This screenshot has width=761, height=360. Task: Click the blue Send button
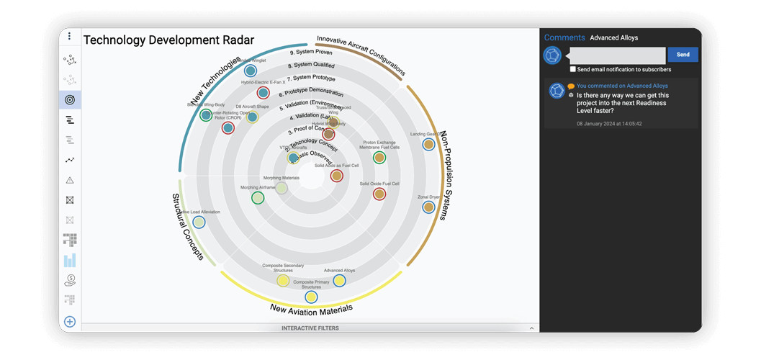click(x=683, y=55)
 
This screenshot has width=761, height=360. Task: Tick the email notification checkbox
click(x=573, y=70)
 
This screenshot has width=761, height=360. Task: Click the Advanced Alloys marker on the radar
click(x=338, y=281)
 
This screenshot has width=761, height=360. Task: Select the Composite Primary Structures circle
click(x=311, y=297)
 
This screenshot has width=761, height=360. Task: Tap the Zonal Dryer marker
click(x=428, y=207)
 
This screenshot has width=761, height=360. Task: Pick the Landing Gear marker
click(x=428, y=145)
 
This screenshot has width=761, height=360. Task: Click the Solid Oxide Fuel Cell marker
click(x=379, y=194)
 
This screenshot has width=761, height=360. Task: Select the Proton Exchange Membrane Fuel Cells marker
click(x=379, y=157)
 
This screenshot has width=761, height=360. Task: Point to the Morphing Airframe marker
click(x=257, y=197)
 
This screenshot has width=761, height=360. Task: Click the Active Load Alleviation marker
click(x=199, y=222)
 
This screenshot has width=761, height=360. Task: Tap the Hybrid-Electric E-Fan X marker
click(x=264, y=93)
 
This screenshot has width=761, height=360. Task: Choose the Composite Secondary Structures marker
click(x=283, y=280)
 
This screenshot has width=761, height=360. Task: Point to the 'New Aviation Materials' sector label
click(x=311, y=310)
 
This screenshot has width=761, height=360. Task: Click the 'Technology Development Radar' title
click(x=168, y=40)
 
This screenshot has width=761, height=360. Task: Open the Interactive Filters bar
click(x=310, y=328)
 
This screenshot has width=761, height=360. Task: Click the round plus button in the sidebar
click(x=70, y=322)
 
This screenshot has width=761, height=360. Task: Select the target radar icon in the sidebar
click(x=70, y=99)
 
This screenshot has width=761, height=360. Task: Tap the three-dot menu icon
click(x=70, y=36)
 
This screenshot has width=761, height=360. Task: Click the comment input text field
click(x=617, y=55)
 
